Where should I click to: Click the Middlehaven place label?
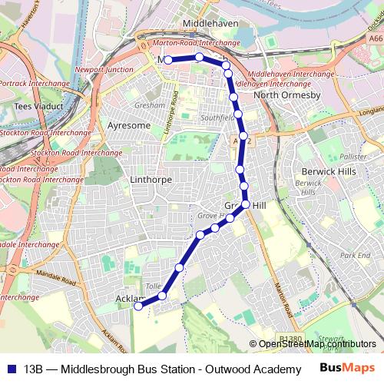[208, 24]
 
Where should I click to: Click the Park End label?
[355, 255]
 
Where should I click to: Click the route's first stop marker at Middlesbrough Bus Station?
[167, 59]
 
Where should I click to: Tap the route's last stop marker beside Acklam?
[138, 306]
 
